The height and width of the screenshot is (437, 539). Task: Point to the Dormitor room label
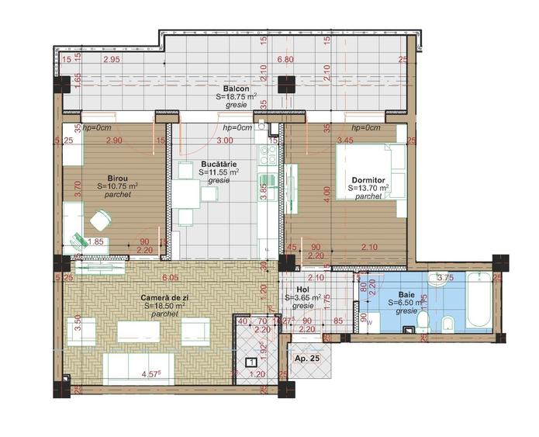(x=367, y=180)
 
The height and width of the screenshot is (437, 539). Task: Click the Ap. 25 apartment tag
(x=308, y=359)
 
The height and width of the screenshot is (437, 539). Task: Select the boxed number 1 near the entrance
(x=250, y=361)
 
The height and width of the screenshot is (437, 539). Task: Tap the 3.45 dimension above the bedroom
(x=344, y=140)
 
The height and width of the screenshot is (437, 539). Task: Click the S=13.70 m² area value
(x=368, y=189)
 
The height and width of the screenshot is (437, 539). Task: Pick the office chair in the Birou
(x=100, y=222)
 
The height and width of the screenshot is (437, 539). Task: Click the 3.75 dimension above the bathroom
(x=445, y=278)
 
